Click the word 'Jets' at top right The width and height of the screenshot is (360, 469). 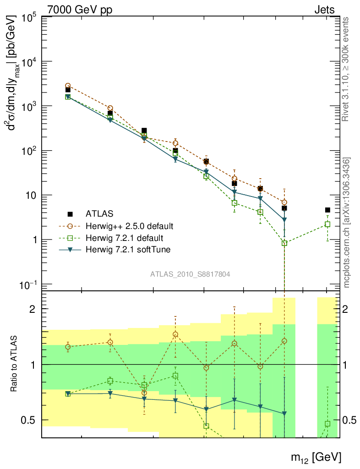(x=324, y=10)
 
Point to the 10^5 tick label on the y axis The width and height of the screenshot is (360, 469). (x=29, y=18)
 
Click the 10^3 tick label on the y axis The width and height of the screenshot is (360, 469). (x=29, y=107)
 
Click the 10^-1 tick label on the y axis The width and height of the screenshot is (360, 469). (x=29, y=285)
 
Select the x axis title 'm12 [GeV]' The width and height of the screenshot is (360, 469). (x=316, y=457)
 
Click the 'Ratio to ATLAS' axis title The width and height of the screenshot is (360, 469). (x=15, y=364)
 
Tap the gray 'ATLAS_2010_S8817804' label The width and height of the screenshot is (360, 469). (x=190, y=274)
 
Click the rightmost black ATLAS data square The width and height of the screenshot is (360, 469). (x=327, y=210)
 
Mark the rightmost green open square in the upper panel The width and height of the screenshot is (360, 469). (x=327, y=224)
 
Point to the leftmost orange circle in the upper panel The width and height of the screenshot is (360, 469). (x=68, y=86)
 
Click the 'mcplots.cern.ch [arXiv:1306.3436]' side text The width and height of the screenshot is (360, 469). (x=347, y=223)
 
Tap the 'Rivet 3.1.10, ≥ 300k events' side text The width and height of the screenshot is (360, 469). (x=347, y=69)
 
